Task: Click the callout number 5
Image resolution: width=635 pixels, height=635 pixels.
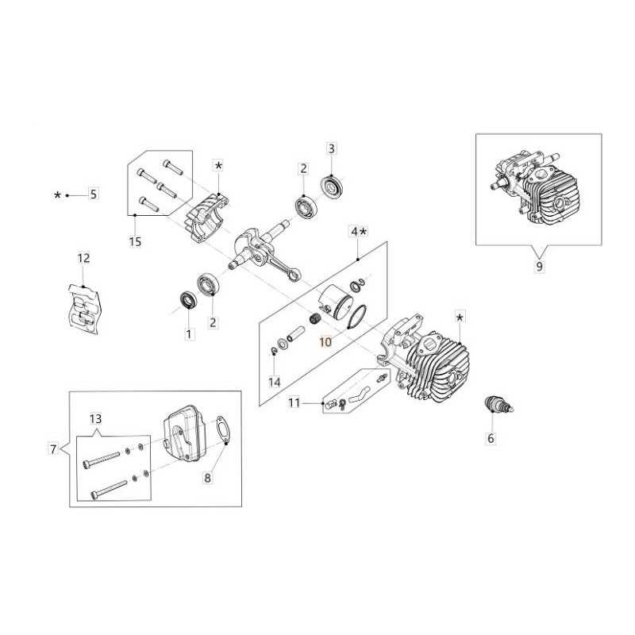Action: [x=93, y=194]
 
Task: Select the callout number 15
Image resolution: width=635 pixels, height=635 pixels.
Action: [x=135, y=242]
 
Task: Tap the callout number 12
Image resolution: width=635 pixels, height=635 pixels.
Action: [x=83, y=258]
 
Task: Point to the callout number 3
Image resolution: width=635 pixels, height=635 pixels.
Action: [x=331, y=148]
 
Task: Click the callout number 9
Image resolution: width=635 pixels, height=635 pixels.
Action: [x=539, y=267]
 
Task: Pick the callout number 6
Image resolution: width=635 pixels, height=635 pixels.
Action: [x=491, y=438]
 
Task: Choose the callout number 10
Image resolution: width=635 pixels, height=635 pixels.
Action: [x=325, y=342]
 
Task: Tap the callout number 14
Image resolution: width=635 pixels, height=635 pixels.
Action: [x=275, y=382]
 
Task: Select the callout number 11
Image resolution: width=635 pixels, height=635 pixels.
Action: [x=294, y=403]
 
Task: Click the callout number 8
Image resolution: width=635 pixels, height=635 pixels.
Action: [x=207, y=478]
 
